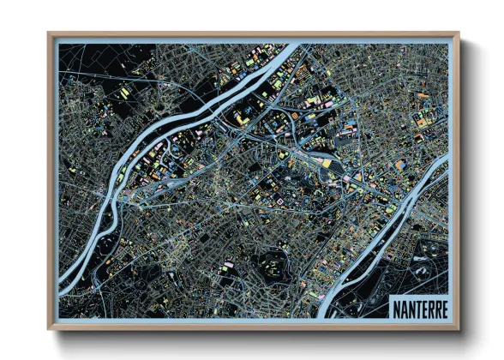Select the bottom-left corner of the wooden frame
pos(50,328)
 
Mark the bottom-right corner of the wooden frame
pos(459,328)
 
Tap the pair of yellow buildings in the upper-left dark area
pos(125,88)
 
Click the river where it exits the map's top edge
pos(292,48)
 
